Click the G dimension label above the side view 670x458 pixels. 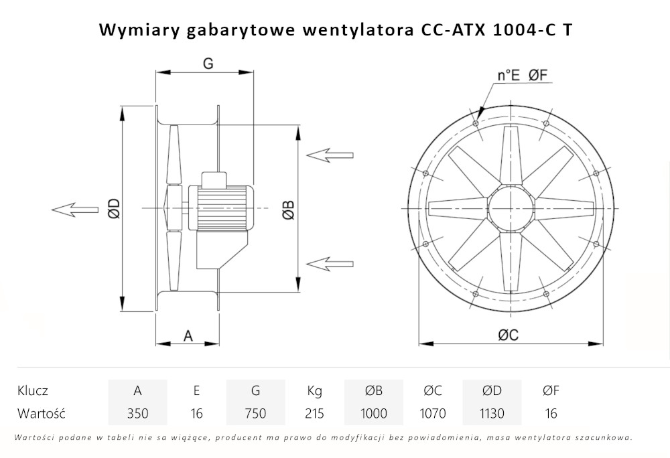coord(208,64)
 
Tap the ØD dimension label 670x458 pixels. coord(113,208)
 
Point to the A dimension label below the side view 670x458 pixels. coord(188,336)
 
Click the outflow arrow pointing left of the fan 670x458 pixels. coord(74,209)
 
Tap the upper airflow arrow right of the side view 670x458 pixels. coord(330,155)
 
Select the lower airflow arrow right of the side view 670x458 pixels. coord(330,262)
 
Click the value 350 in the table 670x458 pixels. coord(137,413)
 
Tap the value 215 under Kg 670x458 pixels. coord(314,413)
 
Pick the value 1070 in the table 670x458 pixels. coord(433,413)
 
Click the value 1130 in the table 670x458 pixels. coord(492,413)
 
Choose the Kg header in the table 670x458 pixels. coord(314,391)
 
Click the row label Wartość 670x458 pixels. coord(41,413)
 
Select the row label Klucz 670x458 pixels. coord(33,391)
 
